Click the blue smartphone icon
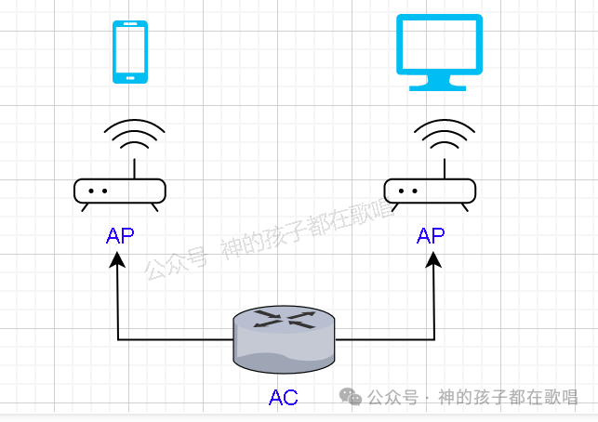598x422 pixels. tap(130, 52)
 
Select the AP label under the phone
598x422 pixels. tap(120, 235)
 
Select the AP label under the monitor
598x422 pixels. tap(431, 235)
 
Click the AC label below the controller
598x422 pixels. tap(284, 398)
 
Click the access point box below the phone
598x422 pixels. tap(120, 191)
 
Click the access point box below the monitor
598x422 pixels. tap(431, 191)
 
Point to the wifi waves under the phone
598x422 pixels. tap(134, 138)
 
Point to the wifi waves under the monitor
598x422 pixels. tap(445, 138)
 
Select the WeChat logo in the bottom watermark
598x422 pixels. tap(351, 396)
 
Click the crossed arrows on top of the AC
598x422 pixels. tap(284, 320)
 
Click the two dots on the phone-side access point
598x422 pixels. tap(99, 191)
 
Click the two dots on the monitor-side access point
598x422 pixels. tap(406, 191)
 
